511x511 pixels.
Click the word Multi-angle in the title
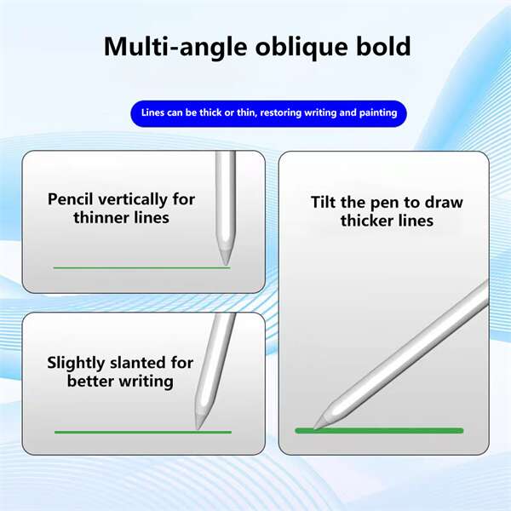pos(175,47)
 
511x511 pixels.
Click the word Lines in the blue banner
pos(152,112)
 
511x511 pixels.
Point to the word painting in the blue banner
pos(378,112)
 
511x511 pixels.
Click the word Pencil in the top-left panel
pos(70,199)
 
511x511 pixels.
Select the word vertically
pos(133,200)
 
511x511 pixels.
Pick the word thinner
pos(101,218)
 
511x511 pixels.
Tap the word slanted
pos(134,363)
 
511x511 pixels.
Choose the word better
pos(90,382)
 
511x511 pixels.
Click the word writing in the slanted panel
pos(146,382)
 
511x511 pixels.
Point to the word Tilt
pos(324,202)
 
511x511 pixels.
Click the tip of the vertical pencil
pos(226,265)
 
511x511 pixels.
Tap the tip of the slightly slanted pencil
pos(198,429)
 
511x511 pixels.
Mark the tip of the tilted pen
pos(314,428)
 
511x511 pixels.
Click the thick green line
pos(379,430)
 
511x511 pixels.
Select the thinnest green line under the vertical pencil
pos(141,268)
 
